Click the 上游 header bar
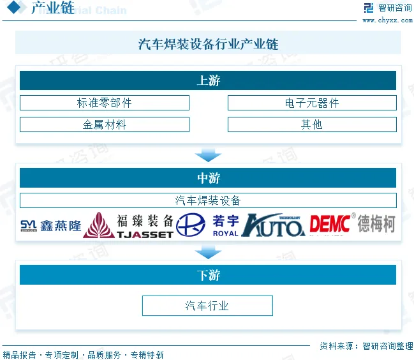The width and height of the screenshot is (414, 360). point(208,80)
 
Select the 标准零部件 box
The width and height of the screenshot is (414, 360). point(105,103)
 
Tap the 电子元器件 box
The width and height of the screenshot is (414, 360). point(312,103)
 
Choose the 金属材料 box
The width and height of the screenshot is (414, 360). point(105,124)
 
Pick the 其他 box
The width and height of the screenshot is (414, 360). point(312,124)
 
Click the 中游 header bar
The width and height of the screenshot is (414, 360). point(208,178)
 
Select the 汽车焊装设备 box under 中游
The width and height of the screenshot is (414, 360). point(208,200)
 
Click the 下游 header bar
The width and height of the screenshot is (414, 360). point(208,275)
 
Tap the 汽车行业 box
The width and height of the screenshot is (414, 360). point(207,306)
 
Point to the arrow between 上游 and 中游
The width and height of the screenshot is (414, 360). point(208,154)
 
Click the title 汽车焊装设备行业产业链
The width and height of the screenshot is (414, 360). point(208,44)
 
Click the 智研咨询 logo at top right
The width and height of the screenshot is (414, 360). point(387,8)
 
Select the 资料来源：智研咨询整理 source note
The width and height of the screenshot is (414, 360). point(366,345)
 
